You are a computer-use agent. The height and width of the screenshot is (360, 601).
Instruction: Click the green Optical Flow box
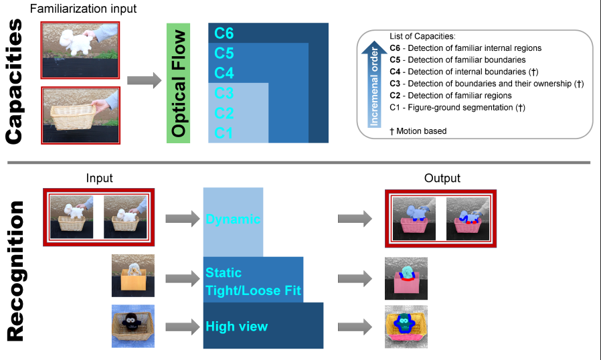[x=179, y=82]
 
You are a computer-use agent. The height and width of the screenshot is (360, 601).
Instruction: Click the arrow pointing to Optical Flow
[x=144, y=82]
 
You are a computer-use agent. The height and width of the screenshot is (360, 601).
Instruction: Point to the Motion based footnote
[x=418, y=131]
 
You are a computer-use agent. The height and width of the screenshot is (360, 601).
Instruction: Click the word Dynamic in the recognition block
[x=233, y=219]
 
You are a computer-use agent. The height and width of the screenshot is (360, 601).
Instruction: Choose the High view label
[x=236, y=327]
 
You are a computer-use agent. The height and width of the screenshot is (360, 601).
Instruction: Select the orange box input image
[x=133, y=276]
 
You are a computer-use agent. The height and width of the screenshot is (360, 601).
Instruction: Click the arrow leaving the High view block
[x=354, y=327]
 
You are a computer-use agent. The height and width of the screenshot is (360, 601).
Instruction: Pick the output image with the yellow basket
[x=406, y=326]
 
